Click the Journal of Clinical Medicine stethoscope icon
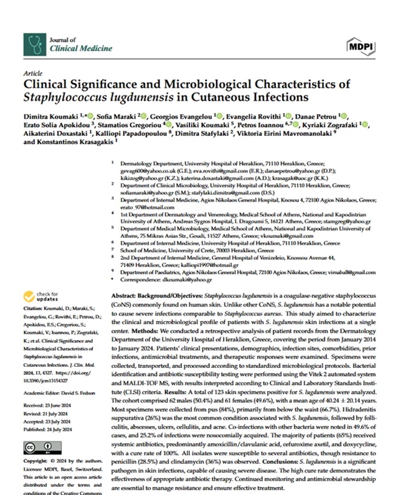click(x=35, y=44)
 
